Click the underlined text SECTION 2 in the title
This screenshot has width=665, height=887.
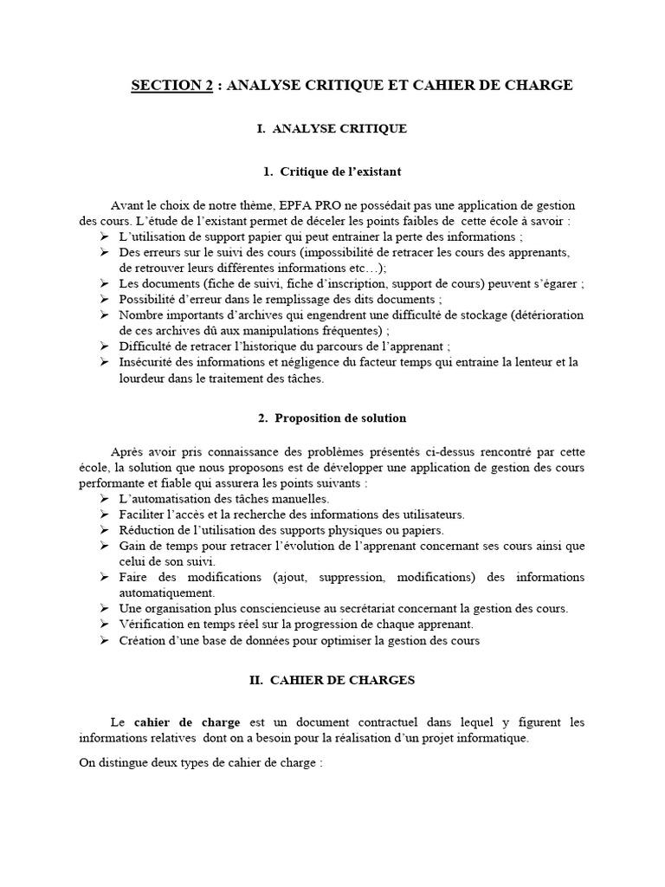(171, 85)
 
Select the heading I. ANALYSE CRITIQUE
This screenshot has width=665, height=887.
(332, 128)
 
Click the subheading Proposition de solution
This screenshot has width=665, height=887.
(332, 418)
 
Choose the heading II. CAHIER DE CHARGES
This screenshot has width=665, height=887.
(332, 680)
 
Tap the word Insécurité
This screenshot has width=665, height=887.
(147, 362)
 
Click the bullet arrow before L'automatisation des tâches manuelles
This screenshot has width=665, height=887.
(103, 500)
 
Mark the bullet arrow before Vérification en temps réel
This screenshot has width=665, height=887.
(103, 625)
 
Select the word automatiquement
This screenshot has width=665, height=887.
(166, 592)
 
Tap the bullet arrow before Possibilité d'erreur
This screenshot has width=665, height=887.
(103, 299)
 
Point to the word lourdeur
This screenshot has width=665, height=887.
(145, 378)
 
